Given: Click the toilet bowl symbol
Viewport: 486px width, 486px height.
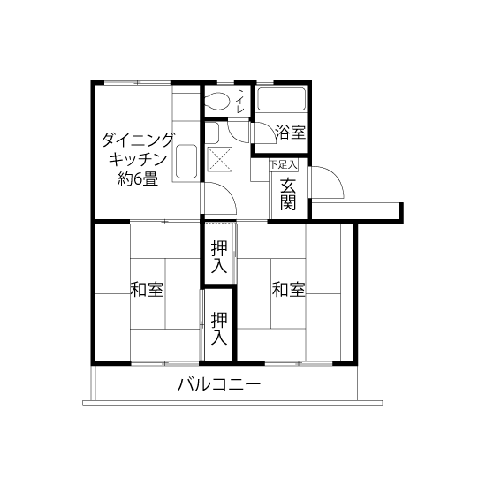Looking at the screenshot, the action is tap(217, 101).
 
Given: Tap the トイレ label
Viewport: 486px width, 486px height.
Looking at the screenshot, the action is tap(241, 100).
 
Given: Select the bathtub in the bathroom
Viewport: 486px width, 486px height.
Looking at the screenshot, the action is tap(281, 99).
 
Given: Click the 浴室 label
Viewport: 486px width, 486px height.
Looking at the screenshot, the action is tap(291, 133).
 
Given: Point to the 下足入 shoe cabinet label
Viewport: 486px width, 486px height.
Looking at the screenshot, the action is tap(284, 165).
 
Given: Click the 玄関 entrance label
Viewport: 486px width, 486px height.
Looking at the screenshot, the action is tap(288, 194).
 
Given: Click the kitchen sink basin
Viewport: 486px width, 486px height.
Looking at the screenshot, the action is tap(186, 162).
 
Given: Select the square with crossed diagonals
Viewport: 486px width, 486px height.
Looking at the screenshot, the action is tap(219, 159).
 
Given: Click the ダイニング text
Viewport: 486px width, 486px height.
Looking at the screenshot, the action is tap(137, 140).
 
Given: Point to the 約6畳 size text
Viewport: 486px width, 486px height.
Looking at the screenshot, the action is tap(138, 178).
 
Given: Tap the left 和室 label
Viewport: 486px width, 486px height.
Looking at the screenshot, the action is tap(147, 289).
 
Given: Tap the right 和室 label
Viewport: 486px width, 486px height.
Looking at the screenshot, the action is tap(289, 289).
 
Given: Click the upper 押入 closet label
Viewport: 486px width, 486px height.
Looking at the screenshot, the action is tap(219, 257).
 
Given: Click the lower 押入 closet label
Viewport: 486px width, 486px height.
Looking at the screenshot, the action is tap(219, 328).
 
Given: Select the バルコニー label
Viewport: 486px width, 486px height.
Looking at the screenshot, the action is tap(219, 384).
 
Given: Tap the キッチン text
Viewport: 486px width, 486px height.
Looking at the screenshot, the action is tap(138, 160).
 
